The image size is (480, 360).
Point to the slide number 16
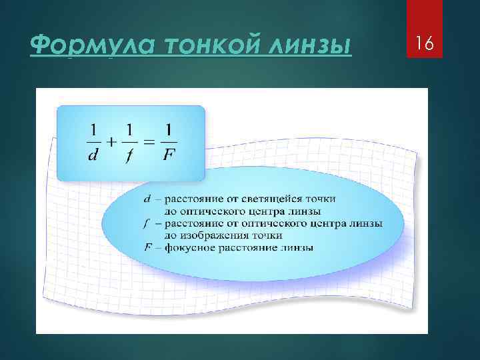(x=424, y=44)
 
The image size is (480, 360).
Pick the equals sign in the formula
(x=150, y=141)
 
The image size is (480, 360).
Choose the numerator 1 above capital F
(x=169, y=127)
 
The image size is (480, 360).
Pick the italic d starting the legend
(x=147, y=198)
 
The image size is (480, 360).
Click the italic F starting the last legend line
(x=147, y=247)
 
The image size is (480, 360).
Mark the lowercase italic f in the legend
(x=147, y=223)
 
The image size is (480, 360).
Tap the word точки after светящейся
(x=321, y=199)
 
